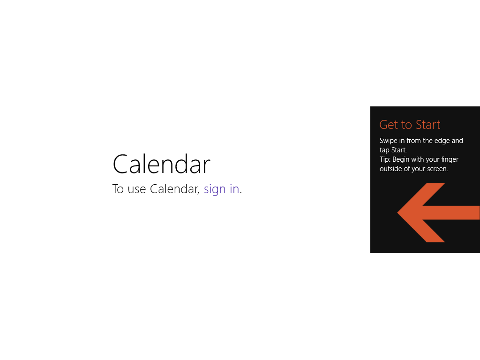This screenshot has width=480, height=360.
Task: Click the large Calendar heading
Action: (161, 164)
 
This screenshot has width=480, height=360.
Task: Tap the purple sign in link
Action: (221, 189)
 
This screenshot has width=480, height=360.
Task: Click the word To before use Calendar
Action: (118, 189)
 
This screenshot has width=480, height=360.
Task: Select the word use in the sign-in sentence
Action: (136, 190)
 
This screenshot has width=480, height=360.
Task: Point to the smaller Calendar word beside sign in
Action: (174, 189)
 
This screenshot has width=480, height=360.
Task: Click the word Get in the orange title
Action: (389, 125)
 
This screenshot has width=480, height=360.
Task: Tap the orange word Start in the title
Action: (428, 125)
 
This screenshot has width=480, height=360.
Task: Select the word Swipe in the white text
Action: (389, 141)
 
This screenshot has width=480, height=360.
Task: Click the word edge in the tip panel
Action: (442, 141)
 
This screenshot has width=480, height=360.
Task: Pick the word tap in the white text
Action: (384, 150)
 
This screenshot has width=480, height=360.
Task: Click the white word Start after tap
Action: (399, 150)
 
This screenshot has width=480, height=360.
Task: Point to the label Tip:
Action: (385, 159)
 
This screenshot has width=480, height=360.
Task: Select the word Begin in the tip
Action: (401, 160)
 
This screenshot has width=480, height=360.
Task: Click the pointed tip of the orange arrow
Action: (397, 212)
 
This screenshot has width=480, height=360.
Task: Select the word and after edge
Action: (457, 141)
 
